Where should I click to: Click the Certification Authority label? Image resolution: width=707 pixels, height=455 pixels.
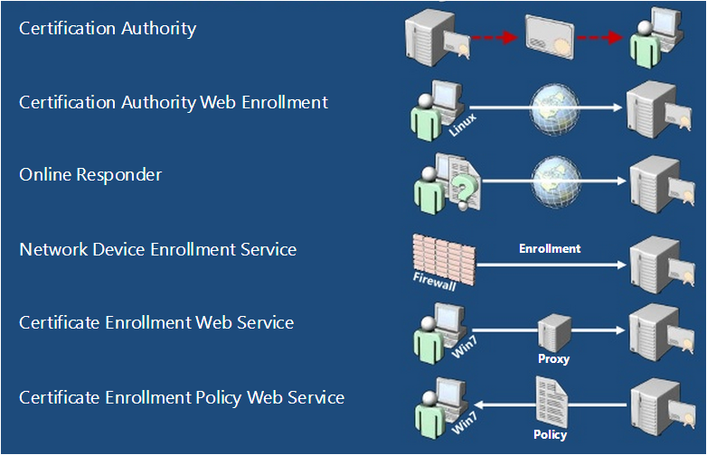click(108, 29)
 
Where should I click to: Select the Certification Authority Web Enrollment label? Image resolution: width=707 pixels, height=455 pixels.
click(174, 102)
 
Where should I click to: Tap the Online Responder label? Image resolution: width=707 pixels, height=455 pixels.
click(90, 174)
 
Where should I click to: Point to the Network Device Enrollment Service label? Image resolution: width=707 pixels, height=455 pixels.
click(157, 248)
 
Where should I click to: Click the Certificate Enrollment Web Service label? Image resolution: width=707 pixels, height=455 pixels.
click(156, 322)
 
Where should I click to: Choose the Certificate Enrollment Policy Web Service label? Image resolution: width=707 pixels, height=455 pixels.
click(182, 396)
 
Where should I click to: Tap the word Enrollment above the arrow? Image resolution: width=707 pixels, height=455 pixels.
click(550, 248)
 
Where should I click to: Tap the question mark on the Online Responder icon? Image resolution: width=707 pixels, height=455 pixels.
click(465, 189)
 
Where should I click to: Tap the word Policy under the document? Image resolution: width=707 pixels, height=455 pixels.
click(551, 434)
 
